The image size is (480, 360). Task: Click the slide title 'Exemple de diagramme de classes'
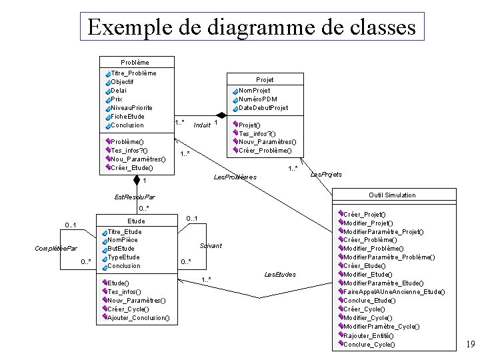point(251,27)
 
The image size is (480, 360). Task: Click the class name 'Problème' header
point(135,62)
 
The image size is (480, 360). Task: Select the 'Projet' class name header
point(265,79)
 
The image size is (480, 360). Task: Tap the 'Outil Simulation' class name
point(392,195)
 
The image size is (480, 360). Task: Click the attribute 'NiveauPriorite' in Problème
point(131,107)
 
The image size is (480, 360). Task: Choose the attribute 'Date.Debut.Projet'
point(263,107)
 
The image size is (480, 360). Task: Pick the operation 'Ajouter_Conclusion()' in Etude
point(138,318)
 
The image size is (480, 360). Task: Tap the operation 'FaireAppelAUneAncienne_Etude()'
point(393,292)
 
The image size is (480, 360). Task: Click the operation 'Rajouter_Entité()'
point(370,335)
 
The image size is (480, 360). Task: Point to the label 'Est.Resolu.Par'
point(135,197)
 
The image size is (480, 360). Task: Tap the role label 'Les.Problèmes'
point(235,177)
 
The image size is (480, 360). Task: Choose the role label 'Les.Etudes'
point(280,274)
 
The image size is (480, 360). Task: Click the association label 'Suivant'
point(211,246)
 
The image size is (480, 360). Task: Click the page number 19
point(469,345)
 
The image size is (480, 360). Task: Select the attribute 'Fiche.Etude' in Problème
point(127,116)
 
